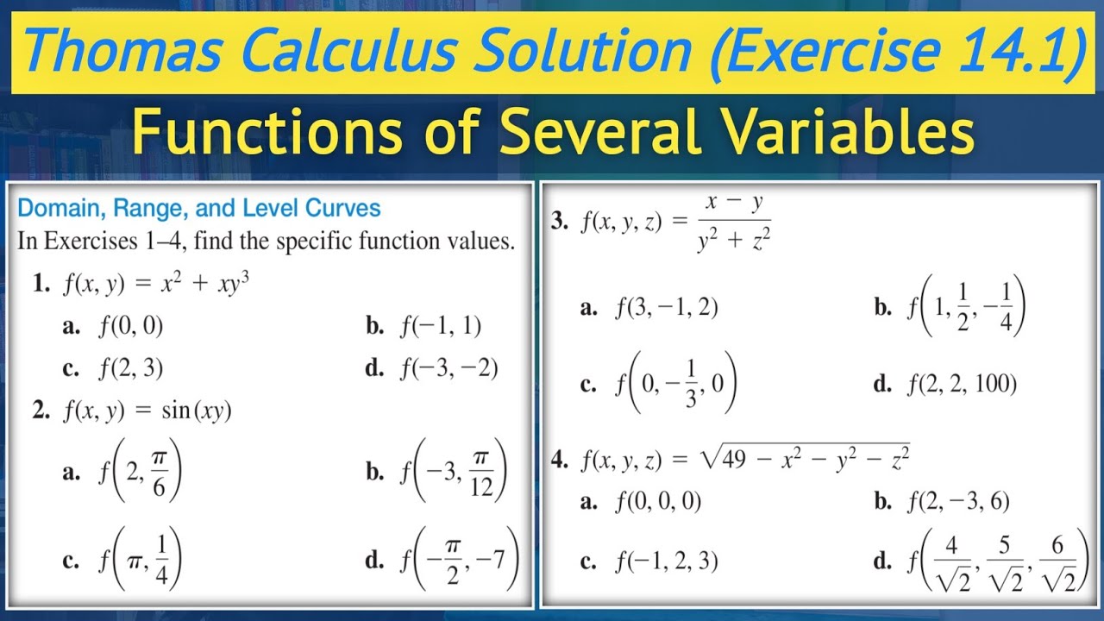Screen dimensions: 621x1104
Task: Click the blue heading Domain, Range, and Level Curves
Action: click(x=199, y=208)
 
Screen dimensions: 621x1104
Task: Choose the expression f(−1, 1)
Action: click(x=441, y=325)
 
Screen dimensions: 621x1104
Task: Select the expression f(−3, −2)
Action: click(x=448, y=368)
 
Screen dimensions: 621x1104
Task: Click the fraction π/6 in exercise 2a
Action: click(x=158, y=474)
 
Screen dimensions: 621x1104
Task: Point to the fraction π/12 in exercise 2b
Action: click(x=482, y=474)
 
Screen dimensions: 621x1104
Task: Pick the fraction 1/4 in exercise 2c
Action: click(x=160, y=561)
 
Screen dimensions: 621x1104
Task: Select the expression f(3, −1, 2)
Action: click(x=666, y=308)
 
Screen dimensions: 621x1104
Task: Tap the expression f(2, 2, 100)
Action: click(x=962, y=384)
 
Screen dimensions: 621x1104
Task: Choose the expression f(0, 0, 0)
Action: click(x=658, y=501)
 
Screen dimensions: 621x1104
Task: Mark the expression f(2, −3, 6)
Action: click(x=957, y=501)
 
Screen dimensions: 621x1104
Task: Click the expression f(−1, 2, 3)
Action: click(x=666, y=562)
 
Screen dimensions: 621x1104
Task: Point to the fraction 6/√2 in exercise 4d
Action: click(x=1058, y=563)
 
